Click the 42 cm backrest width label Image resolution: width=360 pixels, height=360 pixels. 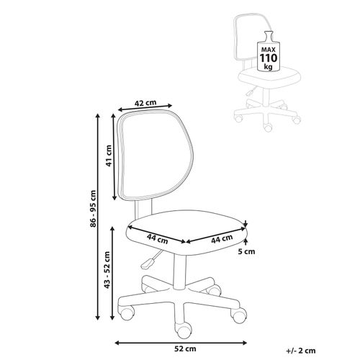145,103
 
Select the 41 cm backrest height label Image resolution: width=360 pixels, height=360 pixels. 109,156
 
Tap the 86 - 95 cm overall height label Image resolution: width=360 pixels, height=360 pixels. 93,209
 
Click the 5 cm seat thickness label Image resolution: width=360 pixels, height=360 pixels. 246,251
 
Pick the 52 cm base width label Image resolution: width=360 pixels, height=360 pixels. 185,348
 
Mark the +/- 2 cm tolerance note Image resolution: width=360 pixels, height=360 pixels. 301,351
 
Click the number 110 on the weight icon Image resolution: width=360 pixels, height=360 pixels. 269,58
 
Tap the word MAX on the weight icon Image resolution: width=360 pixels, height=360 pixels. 269,50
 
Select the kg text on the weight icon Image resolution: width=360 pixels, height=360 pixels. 269,66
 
